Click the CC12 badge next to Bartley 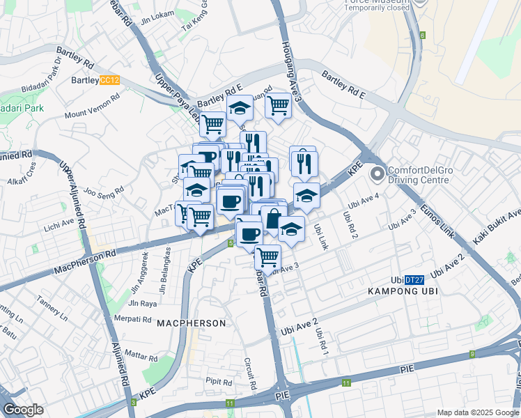pos(110,80)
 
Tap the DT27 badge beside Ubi pos(414,279)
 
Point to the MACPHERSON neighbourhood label pos(192,323)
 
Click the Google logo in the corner pos(22,410)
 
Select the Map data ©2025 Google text pos(477,412)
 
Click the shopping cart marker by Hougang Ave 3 pos(278,106)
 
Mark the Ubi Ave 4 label pos(364,201)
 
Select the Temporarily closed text pos(376,8)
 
